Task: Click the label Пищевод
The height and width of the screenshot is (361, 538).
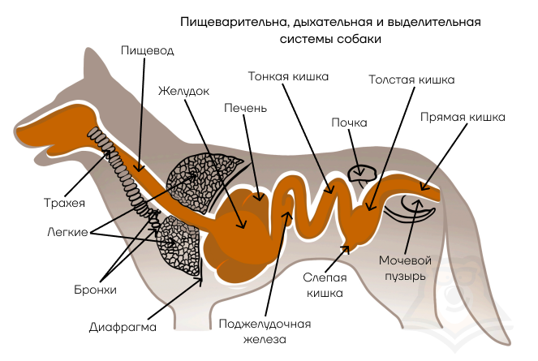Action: [x=148, y=50]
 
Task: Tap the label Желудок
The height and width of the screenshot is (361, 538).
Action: [x=183, y=91]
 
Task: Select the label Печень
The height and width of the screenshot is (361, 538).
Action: [x=245, y=108]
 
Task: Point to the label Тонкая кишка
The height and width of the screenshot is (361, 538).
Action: [x=288, y=76]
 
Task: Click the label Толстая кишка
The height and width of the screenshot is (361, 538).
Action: [x=411, y=80]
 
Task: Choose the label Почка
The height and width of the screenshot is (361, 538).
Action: [x=349, y=122]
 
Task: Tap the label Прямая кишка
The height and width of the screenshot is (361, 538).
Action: [x=463, y=117]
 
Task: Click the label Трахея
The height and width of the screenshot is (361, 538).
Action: [x=64, y=203]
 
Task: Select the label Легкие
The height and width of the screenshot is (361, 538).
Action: [x=67, y=232]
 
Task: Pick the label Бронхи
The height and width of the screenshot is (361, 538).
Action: [x=96, y=290]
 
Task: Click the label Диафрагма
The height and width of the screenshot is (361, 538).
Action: [x=123, y=327]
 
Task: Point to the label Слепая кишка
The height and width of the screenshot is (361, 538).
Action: [x=325, y=286]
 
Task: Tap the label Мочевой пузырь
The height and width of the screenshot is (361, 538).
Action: [x=405, y=268]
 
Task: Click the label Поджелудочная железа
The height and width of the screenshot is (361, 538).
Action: [x=265, y=332]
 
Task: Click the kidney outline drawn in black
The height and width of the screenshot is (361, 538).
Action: [x=363, y=173]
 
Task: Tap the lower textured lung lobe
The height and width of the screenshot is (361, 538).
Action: [x=178, y=246]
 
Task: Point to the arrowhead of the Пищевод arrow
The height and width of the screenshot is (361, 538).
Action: [x=139, y=168]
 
